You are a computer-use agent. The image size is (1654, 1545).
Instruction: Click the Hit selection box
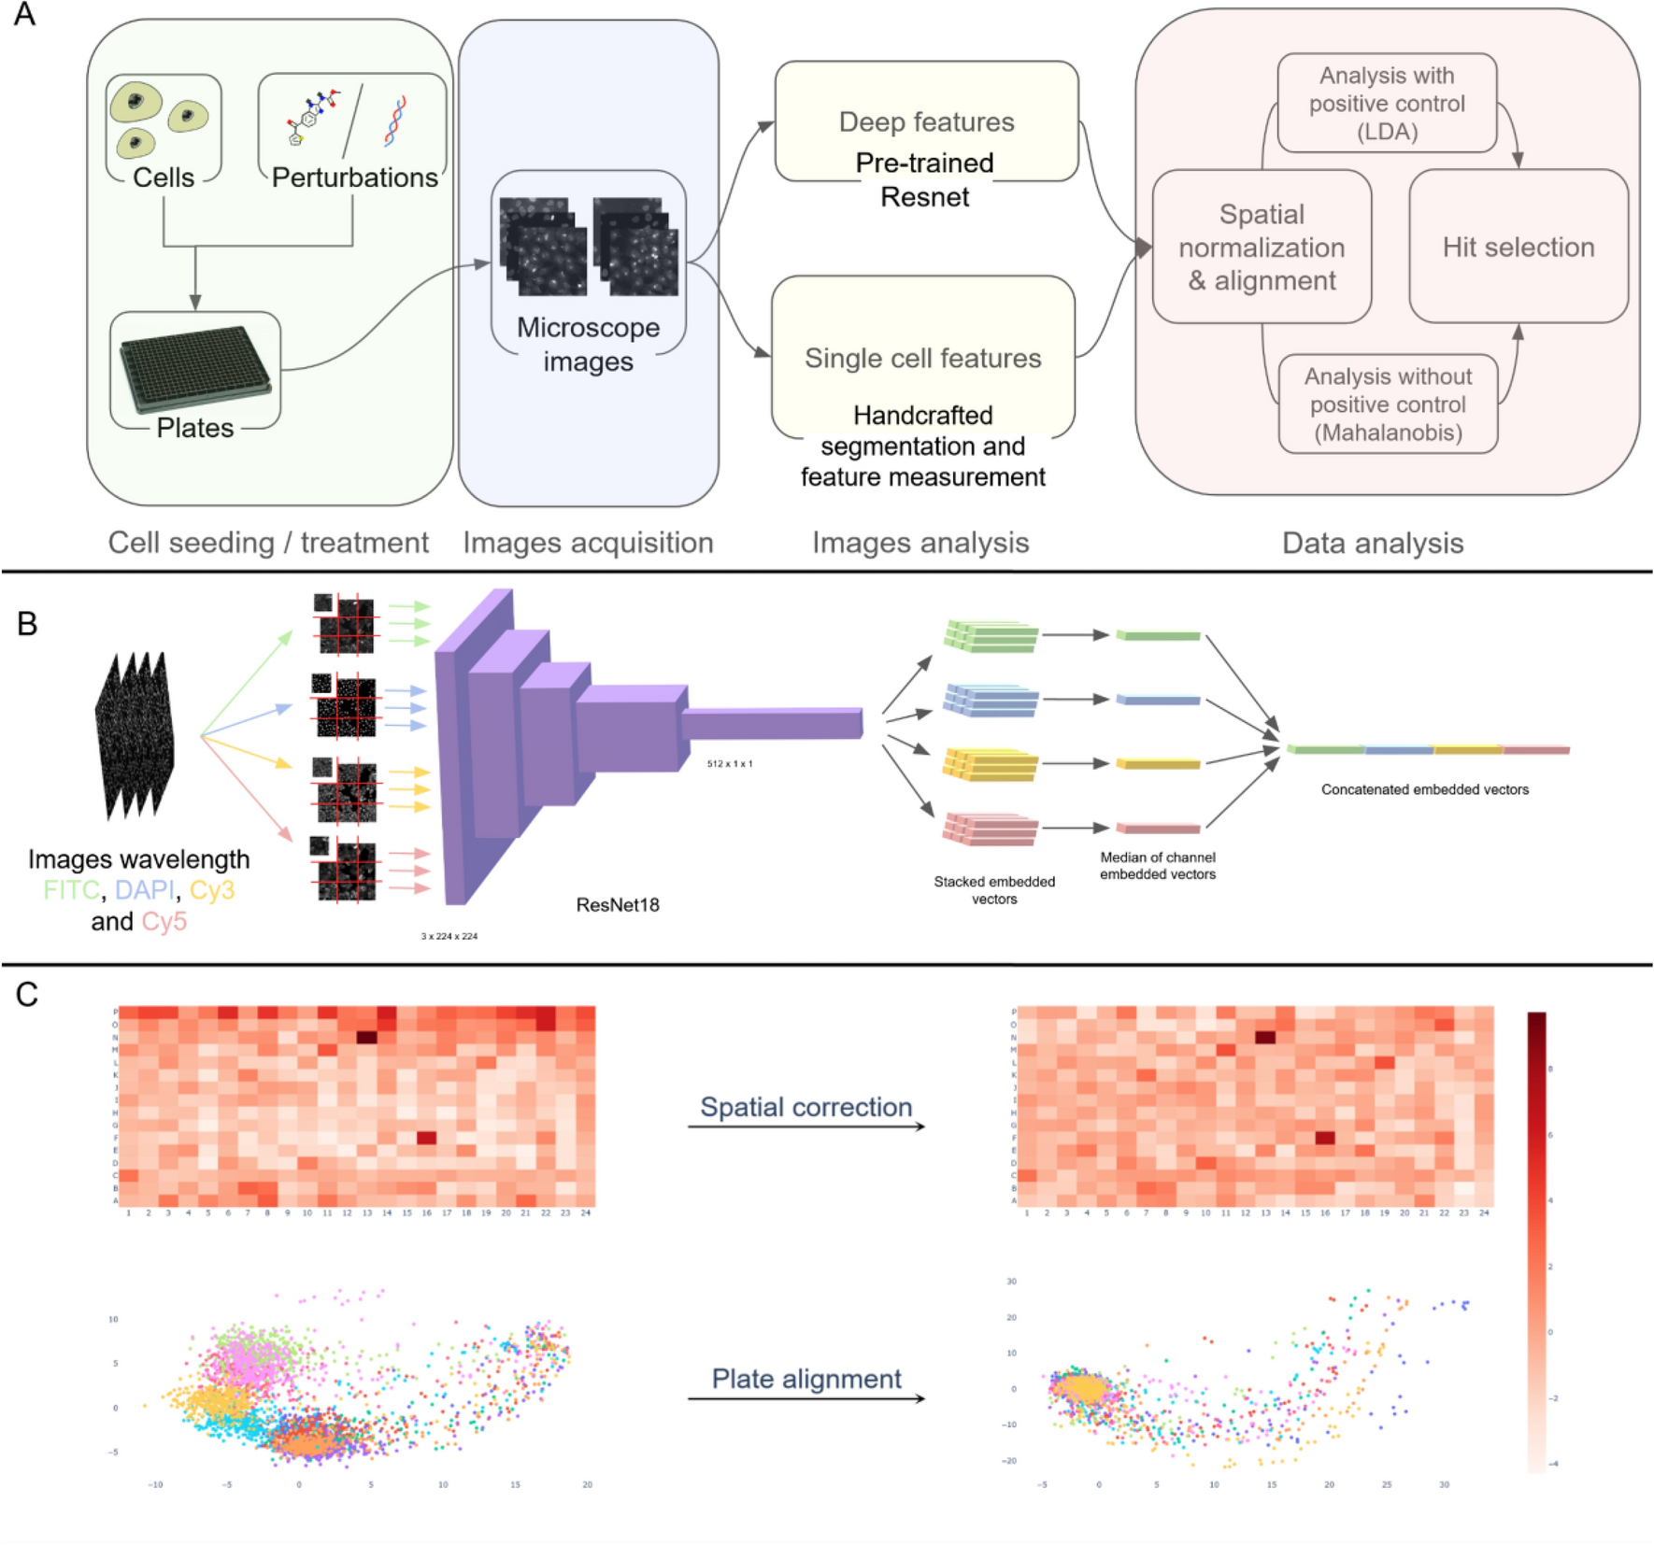(1518, 247)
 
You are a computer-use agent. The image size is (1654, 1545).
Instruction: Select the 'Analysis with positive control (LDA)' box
(1387, 103)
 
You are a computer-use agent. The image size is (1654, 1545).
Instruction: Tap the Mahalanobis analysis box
(1388, 404)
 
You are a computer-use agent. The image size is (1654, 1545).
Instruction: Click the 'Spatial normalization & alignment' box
(1262, 247)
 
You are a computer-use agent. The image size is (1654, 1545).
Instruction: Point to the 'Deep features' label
(926, 121)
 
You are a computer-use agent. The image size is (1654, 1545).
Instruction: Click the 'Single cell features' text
(922, 358)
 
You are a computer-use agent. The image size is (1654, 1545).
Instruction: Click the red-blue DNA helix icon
(396, 121)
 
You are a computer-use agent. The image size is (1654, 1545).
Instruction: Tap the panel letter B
(27, 624)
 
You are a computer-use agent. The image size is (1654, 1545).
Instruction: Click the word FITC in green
(71, 889)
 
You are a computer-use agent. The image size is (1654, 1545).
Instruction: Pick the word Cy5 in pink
(164, 921)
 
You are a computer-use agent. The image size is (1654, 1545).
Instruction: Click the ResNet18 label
(618, 904)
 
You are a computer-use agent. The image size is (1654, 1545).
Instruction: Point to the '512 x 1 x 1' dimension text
(730, 764)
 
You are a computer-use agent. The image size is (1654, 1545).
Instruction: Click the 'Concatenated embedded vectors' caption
(1424, 789)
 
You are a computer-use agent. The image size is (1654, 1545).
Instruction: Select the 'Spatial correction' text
(806, 1107)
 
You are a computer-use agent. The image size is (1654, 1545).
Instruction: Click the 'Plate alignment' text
(806, 1379)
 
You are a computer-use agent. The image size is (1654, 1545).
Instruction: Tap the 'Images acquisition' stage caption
(588, 543)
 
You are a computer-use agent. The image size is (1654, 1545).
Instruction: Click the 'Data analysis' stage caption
(1372, 543)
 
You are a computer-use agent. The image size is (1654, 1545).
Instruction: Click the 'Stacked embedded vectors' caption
(994, 889)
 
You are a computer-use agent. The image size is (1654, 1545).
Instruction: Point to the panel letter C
(27, 994)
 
